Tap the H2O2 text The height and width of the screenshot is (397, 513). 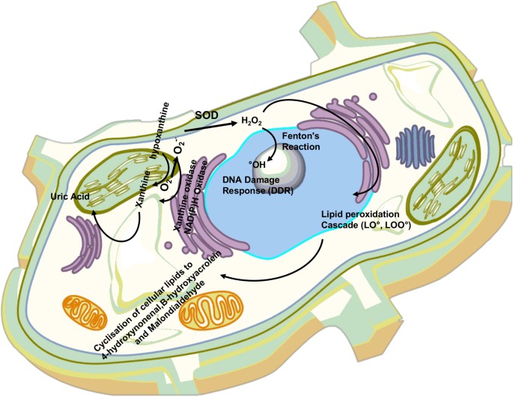pos(251,121)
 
